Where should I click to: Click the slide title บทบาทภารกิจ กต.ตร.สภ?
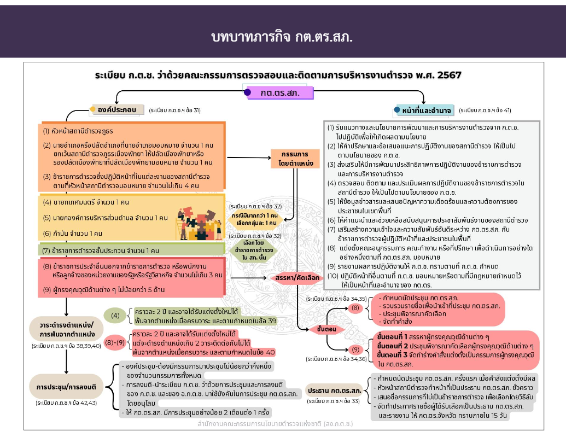[282, 37]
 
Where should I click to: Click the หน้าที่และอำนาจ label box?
[425, 110]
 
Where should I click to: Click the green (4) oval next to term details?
[115, 316]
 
